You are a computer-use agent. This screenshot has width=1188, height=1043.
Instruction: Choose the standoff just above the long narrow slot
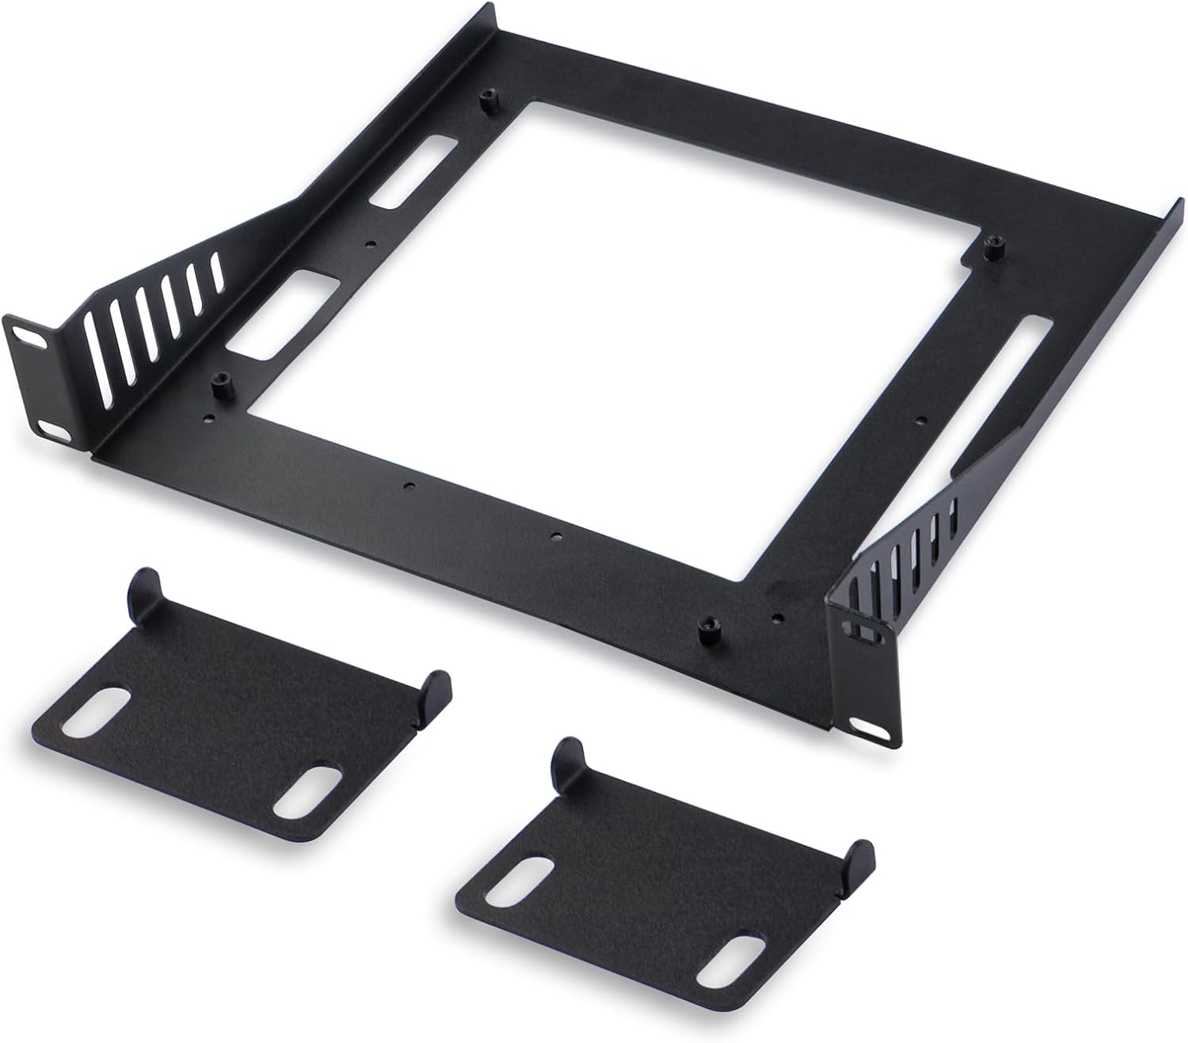click(989, 247)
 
